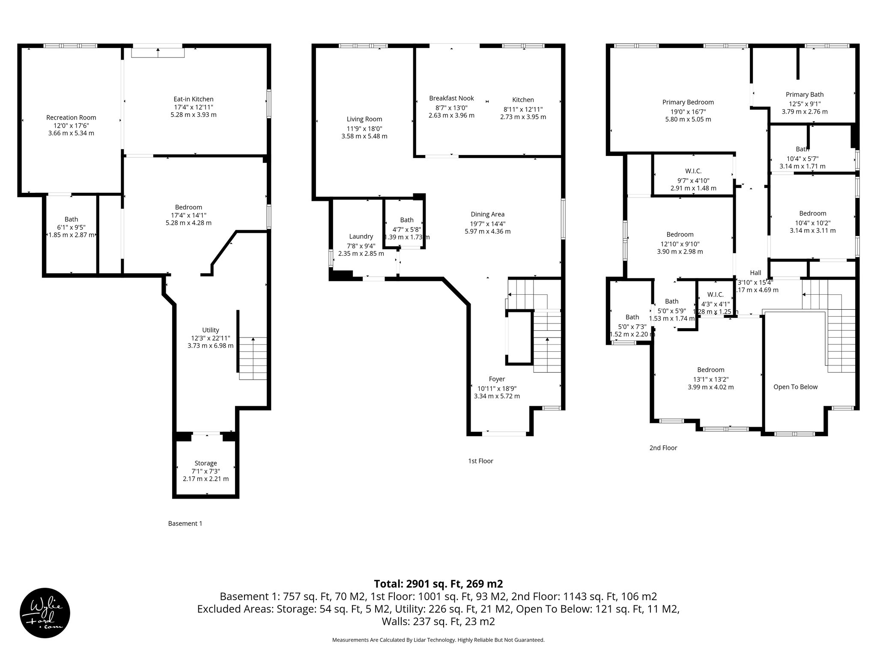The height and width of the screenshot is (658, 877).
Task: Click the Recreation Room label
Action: (x=71, y=117)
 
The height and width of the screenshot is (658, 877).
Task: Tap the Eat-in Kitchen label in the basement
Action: (x=193, y=99)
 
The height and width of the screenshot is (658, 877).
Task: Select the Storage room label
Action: (x=206, y=463)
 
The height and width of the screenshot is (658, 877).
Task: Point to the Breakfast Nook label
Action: (x=451, y=98)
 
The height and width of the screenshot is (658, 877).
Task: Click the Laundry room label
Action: (x=361, y=236)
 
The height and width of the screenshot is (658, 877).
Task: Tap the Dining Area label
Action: (x=487, y=214)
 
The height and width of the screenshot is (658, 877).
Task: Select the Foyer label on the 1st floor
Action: (x=497, y=379)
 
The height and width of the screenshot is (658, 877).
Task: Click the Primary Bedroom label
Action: (x=688, y=102)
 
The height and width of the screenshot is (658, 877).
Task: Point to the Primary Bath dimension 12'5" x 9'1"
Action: (x=805, y=104)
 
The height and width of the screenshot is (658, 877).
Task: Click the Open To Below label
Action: (x=795, y=387)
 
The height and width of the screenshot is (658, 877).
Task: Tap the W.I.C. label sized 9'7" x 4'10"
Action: (x=693, y=171)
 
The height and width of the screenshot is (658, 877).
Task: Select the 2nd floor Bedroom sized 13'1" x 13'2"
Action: (x=710, y=370)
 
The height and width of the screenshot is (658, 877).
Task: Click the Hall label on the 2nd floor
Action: (x=755, y=272)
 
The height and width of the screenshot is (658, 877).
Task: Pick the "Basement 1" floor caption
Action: (x=185, y=523)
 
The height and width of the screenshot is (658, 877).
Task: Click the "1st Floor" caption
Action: (x=480, y=461)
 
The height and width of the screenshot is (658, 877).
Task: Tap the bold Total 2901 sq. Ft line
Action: (x=438, y=584)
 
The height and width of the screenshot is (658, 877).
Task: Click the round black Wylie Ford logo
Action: (x=45, y=613)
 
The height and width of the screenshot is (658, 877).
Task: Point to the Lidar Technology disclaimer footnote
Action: (x=438, y=640)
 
